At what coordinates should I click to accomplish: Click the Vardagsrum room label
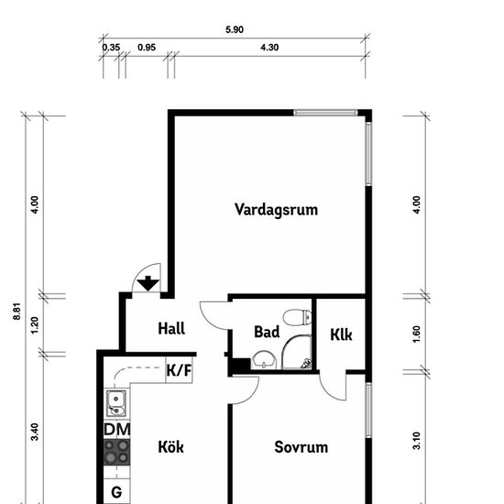[x=276, y=210]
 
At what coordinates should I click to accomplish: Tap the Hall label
[x=171, y=328]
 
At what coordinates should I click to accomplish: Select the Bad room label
[x=267, y=332]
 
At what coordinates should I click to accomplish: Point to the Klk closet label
[x=341, y=334]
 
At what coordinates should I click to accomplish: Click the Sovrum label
[x=301, y=447]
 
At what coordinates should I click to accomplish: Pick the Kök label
[x=170, y=446]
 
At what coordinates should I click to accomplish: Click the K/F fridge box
[x=179, y=370]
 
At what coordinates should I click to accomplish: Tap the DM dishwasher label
[x=117, y=430]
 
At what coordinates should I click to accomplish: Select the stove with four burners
[x=117, y=452]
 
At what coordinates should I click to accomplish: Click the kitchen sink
[x=116, y=403]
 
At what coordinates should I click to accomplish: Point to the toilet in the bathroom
[x=297, y=317]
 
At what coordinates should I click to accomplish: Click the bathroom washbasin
[x=264, y=360]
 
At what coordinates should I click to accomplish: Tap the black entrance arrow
[x=148, y=283]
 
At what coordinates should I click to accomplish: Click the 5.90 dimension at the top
[x=235, y=29]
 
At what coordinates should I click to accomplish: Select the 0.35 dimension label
[x=111, y=48]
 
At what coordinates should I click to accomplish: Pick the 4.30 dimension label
[x=269, y=48]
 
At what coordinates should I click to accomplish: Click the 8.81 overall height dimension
[x=17, y=311]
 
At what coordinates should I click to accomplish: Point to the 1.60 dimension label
[x=416, y=334]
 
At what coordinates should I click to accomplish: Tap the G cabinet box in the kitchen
[x=116, y=492]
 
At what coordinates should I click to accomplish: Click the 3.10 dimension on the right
[x=416, y=441]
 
